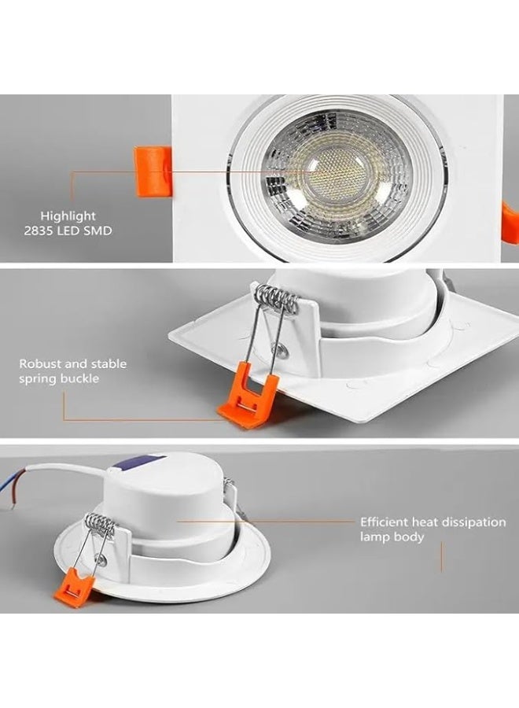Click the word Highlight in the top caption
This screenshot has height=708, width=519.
[69, 216]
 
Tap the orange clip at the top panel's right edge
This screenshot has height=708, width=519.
[510, 222]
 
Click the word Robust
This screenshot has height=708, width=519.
[39, 364]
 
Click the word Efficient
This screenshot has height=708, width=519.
[384, 522]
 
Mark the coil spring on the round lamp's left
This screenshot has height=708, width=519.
[98, 523]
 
